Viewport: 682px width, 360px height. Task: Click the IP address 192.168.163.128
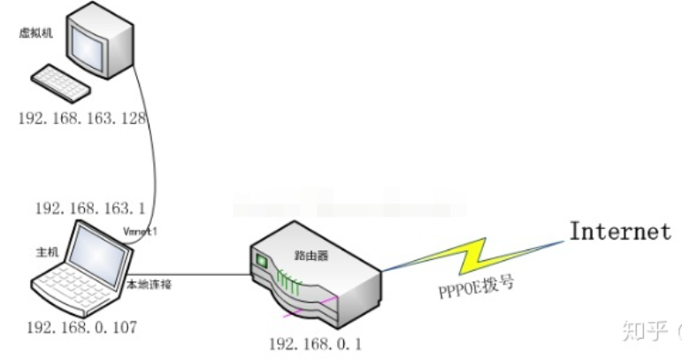(x=80, y=118)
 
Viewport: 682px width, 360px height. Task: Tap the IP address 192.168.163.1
(x=88, y=209)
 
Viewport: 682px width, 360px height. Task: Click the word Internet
(x=619, y=233)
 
